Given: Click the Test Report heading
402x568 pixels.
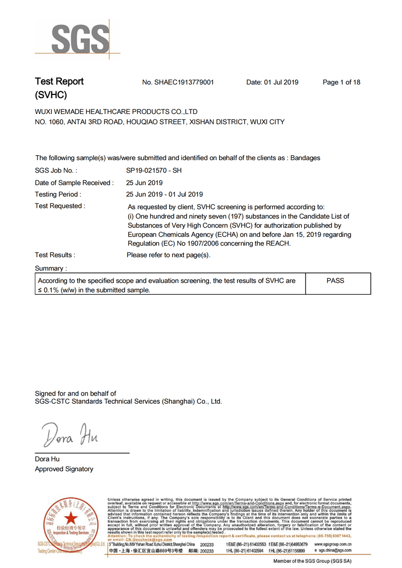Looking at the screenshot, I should (59, 81).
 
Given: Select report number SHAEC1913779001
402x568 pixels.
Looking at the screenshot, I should (178, 82).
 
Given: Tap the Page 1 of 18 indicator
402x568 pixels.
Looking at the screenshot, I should (341, 82).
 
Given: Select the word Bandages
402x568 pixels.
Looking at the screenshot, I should (305, 158).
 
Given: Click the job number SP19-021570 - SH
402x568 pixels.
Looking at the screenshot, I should (154, 171).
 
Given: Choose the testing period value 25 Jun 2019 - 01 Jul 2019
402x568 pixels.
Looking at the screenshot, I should (164, 194).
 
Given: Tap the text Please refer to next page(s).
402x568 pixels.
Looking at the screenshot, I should (168, 255).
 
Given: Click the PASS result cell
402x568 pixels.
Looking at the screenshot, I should (335, 281).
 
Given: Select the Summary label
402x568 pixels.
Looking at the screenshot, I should (51, 269).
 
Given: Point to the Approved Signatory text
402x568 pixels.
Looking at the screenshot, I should (64, 469).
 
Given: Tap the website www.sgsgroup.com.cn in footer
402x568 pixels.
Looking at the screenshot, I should (333, 544).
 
